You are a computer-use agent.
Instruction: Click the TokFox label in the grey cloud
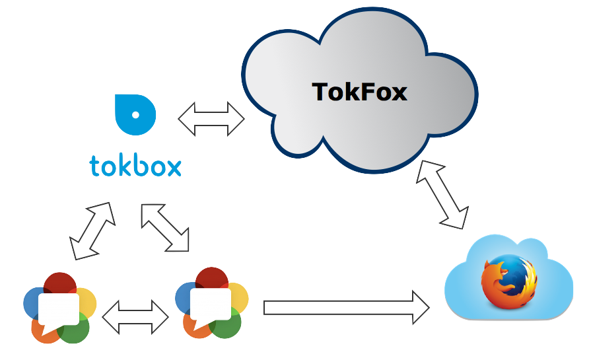[x=360, y=91]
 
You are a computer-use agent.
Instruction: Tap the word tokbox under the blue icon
[x=135, y=166]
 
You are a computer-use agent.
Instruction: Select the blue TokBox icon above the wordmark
[x=135, y=114]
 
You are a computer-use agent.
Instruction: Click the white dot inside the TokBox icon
[x=136, y=114]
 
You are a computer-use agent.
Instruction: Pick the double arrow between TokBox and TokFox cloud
[x=211, y=120]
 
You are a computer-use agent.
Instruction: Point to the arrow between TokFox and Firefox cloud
[x=442, y=195]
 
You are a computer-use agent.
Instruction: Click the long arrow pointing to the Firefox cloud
[x=347, y=307]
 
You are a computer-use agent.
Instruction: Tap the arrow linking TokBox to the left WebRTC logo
[x=92, y=231]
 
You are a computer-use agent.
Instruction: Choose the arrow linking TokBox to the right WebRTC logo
[x=165, y=228]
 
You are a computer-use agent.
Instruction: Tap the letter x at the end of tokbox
[x=172, y=166]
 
